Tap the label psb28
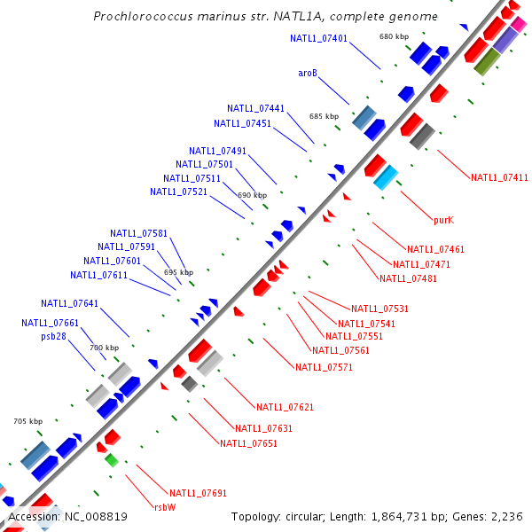tap(53, 337)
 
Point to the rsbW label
tap(165, 507)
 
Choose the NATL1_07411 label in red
tap(499, 177)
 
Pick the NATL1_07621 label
tap(285, 407)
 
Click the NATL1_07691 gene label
tap(198, 492)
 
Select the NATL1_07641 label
tap(69, 303)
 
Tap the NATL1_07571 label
tap(324, 367)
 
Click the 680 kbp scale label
tap(394, 36)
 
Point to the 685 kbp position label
tap(324, 116)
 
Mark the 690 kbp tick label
tap(252, 195)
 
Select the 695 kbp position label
tap(178, 272)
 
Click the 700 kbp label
tap(104, 348)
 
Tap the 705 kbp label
tap(27, 421)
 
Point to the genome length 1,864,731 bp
tap(393, 516)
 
